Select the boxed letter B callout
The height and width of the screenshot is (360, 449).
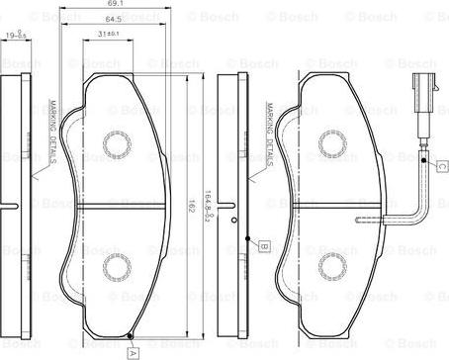pyautogui.click(x=264, y=245)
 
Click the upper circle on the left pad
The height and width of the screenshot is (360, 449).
pyautogui.click(x=116, y=148)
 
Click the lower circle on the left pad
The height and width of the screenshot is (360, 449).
pyautogui.click(x=116, y=265)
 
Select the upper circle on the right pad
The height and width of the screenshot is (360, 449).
pyautogui.click(x=330, y=148)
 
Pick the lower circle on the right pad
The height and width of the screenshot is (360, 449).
pyautogui.click(x=330, y=265)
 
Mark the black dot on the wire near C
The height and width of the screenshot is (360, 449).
pyautogui.click(x=423, y=160)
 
